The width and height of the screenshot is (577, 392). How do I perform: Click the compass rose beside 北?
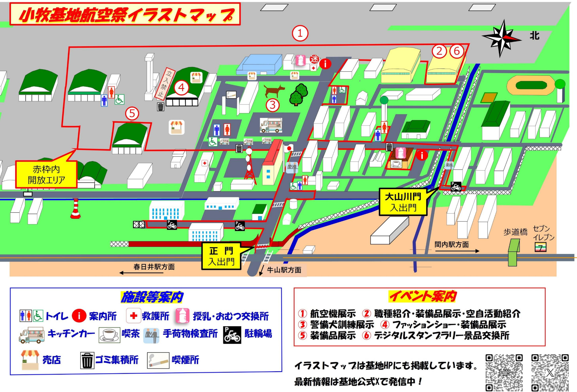(501, 38)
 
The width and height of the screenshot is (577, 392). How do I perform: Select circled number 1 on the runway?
(300, 33)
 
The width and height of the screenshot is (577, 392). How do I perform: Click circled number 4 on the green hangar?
(181, 88)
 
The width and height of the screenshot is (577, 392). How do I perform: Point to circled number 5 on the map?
(132, 113)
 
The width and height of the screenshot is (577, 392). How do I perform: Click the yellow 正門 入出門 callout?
(221, 256)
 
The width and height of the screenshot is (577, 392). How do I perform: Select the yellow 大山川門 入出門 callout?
(403, 202)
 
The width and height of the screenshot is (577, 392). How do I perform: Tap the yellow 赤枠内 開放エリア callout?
(46, 174)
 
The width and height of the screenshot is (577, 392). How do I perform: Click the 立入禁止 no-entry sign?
(165, 83)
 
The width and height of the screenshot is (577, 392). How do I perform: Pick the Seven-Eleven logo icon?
(540, 247)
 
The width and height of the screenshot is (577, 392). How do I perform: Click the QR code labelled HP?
(504, 372)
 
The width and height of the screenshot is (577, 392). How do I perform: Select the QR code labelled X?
(550, 372)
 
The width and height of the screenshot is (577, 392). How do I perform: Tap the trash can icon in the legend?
(87, 360)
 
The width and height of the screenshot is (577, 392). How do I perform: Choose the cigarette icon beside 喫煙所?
(158, 360)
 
